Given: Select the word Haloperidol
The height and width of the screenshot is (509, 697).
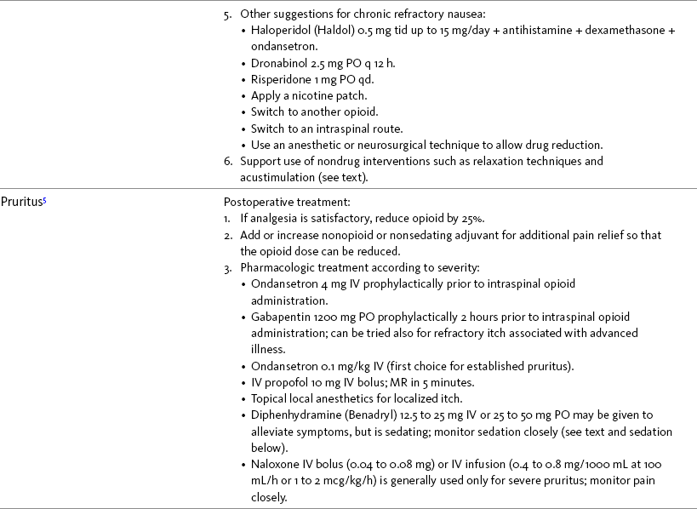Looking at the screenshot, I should pos(278,31).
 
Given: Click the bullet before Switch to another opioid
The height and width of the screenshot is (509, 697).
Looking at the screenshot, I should pos(244,112).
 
